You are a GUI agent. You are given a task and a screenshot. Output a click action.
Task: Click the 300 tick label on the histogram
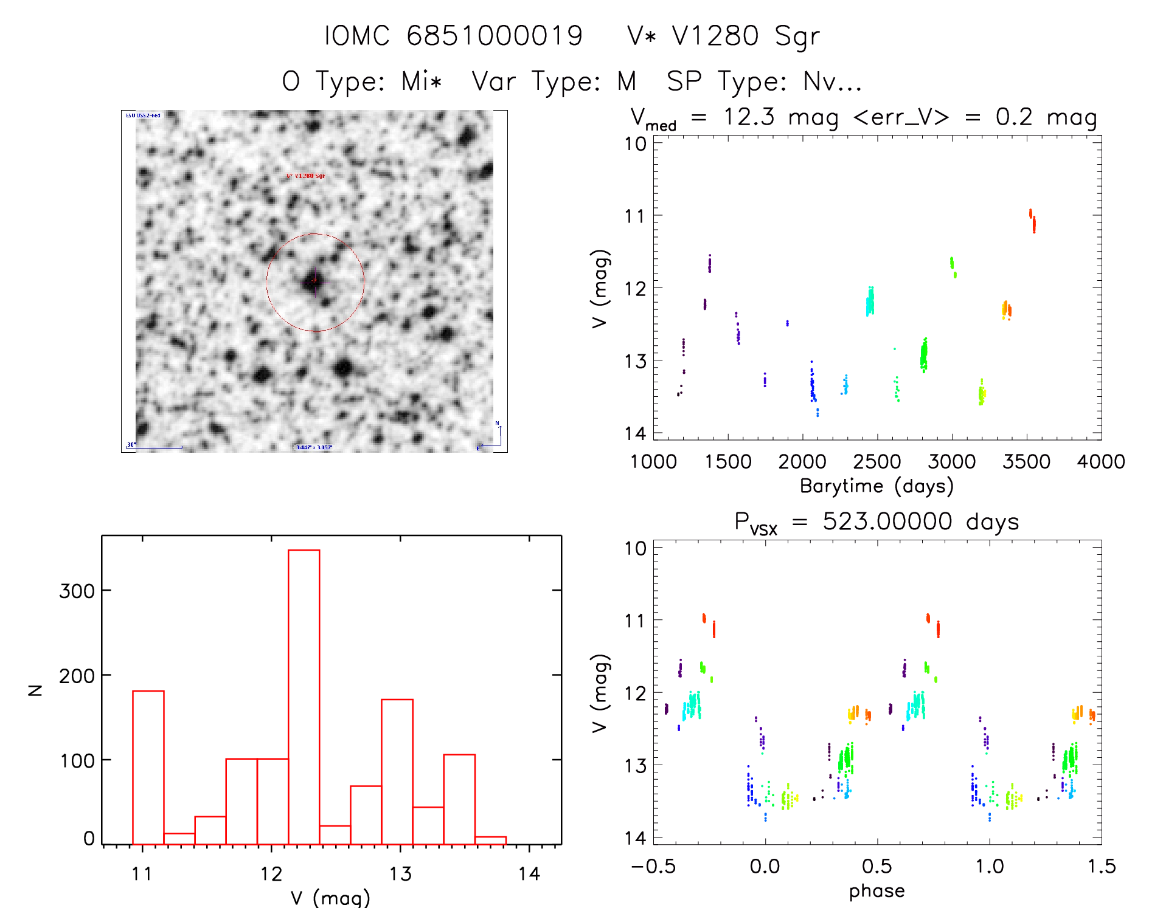click(x=77, y=591)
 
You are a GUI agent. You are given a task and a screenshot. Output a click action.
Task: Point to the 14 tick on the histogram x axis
click(x=529, y=874)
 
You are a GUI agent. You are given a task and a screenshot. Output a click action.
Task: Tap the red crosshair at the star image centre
click(x=314, y=280)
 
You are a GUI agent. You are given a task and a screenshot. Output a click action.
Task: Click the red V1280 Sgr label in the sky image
click(x=305, y=176)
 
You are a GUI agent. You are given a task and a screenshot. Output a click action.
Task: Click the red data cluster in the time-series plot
click(x=1032, y=220)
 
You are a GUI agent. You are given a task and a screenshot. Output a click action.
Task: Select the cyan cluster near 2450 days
click(x=870, y=301)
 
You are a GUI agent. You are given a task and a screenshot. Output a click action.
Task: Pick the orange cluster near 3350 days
click(x=1006, y=310)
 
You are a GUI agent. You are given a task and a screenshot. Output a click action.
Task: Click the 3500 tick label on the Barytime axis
click(x=1026, y=462)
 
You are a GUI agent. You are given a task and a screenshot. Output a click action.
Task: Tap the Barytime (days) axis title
click(x=877, y=486)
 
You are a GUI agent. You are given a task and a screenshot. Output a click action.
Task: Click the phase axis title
click(x=877, y=891)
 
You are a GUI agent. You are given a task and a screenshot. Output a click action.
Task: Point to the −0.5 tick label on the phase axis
click(x=653, y=867)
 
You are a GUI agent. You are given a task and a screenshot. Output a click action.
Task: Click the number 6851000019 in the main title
click(x=495, y=36)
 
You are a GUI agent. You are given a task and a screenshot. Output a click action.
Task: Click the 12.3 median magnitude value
click(x=749, y=117)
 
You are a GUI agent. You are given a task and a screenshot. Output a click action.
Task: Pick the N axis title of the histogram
click(x=35, y=690)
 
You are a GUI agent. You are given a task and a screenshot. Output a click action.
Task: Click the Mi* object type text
click(x=422, y=81)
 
